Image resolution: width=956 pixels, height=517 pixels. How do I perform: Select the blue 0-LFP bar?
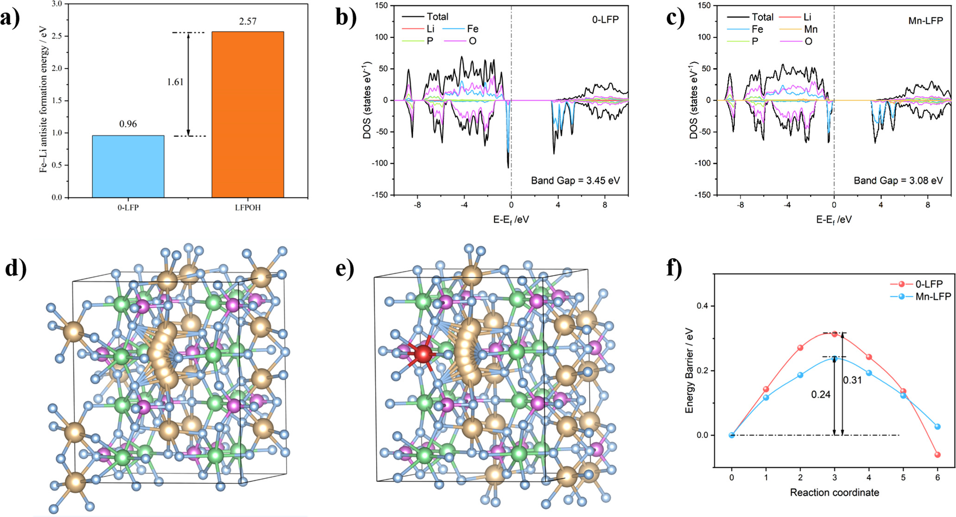128,166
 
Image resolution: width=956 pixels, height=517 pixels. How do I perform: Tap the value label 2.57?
248,21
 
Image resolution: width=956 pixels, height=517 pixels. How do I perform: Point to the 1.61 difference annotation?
175,82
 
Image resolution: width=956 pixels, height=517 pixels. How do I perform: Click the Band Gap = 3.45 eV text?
575,180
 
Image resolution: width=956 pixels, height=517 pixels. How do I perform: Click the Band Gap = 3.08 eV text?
898,180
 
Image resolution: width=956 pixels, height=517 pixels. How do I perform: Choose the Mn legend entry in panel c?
811,29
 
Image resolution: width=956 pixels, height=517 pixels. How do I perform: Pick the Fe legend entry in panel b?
472,29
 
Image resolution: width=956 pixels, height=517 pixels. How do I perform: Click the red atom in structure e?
423,354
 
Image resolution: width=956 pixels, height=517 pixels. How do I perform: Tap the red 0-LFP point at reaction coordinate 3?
835,334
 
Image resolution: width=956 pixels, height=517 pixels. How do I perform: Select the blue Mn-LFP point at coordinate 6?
937,426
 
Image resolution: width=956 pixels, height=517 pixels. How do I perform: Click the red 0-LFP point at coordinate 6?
937,454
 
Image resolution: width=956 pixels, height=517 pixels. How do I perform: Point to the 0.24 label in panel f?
820,395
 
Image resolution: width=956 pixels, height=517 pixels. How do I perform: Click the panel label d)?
15,269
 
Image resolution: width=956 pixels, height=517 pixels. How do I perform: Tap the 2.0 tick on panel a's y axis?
57,69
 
